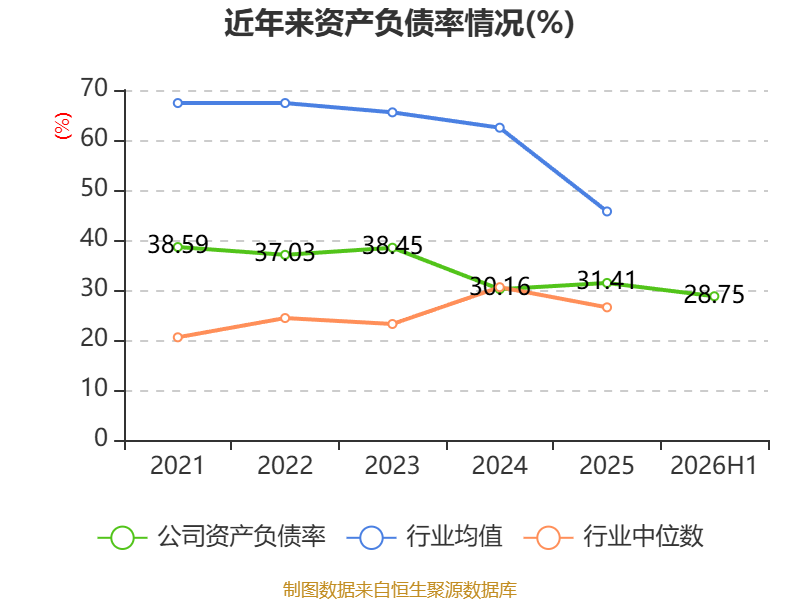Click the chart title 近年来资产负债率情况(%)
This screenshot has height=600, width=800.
point(399,23)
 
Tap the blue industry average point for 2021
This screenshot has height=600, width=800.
point(178,103)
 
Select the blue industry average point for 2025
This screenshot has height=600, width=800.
point(607,211)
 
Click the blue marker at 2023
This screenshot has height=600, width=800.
point(392,112)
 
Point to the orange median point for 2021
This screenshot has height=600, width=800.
point(178,337)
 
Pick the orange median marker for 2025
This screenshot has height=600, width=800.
point(607,307)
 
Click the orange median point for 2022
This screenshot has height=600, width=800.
point(285,318)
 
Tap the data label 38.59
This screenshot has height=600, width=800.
point(178,244)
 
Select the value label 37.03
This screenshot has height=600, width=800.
point(285,252)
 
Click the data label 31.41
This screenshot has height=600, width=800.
point(607,280)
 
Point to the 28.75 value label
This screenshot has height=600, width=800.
point(714,294)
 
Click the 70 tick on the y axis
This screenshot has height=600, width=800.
point(94,89)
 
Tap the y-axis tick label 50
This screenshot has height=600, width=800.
point(94,189)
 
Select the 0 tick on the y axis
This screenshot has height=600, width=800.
point(101,438)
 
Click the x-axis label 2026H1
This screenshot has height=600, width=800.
point(713,465)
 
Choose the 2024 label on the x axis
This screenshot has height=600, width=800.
point(499,465)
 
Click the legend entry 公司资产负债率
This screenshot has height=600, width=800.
point(211,537)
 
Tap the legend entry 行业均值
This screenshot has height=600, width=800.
point(424,537)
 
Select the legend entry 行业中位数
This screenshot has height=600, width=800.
point(613,537)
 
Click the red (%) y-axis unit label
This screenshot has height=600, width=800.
point(63,126)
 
